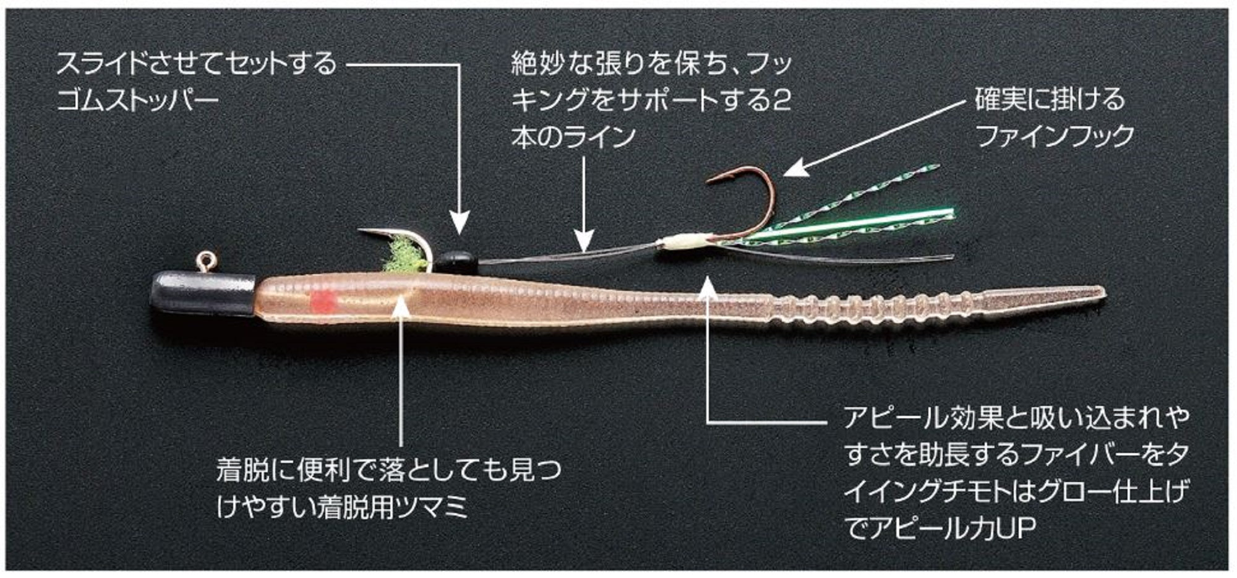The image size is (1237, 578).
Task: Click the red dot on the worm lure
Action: pos(323,303)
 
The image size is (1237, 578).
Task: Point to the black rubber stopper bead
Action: pos(458,262)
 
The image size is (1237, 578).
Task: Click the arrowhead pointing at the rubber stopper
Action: pos(459,223)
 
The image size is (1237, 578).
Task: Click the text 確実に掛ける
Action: pos(1050,99)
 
